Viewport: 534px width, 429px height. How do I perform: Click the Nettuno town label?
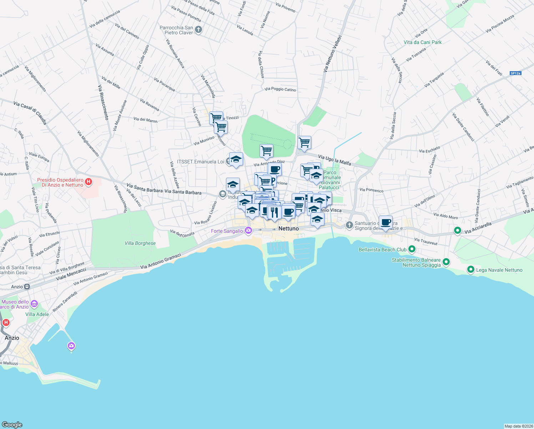click(x=288, y=228)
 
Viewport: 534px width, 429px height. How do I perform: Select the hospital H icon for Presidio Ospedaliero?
click(x=89, y=182)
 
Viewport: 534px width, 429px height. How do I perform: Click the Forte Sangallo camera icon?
click(x=248, y=231)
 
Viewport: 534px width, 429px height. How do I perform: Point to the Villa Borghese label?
click(x=140, y=243)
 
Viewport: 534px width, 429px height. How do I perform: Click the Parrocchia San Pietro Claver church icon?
click(x=199, y=30)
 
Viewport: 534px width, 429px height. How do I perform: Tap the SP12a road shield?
click(x=515, y=73)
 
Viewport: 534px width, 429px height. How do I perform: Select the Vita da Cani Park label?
click(x=423, y=42)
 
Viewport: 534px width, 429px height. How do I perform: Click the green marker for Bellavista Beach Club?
click(x=412, y=249)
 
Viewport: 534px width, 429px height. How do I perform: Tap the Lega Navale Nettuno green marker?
click(x=470, y=270)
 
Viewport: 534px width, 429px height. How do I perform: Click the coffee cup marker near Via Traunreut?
click(x=386, y=222)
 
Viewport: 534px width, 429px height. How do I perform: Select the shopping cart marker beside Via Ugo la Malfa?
click(x=304, y=142)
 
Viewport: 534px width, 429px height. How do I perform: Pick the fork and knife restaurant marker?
click(x=274, y=212)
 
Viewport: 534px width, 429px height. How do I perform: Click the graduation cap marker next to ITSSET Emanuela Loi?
click(x=236, y=159)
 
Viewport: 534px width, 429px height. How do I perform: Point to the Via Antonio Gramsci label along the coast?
click(x=161, y=261)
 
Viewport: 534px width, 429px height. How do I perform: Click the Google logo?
click(x=12, y=424)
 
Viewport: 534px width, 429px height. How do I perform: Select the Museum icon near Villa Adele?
click(x=34, y=304)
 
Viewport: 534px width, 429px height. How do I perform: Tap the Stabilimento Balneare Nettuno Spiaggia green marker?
click(x=446, y=263)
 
